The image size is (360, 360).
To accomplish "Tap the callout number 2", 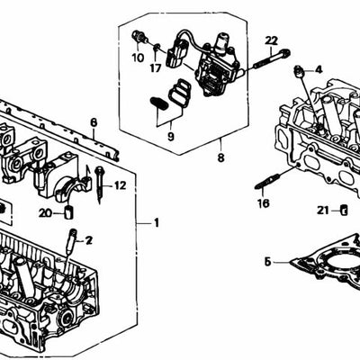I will (89, 240).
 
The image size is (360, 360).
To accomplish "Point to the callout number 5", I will (267, 262).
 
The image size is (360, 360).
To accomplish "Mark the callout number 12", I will (120, 185).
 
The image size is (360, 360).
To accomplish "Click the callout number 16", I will (263, 204).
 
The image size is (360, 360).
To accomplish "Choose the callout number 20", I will (46, 212).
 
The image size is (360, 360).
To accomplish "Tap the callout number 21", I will (322, 211).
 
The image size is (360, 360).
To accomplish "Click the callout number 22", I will (272, 40).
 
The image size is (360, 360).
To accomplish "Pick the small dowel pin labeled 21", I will (343, 211).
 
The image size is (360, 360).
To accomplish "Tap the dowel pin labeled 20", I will (67, 212).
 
